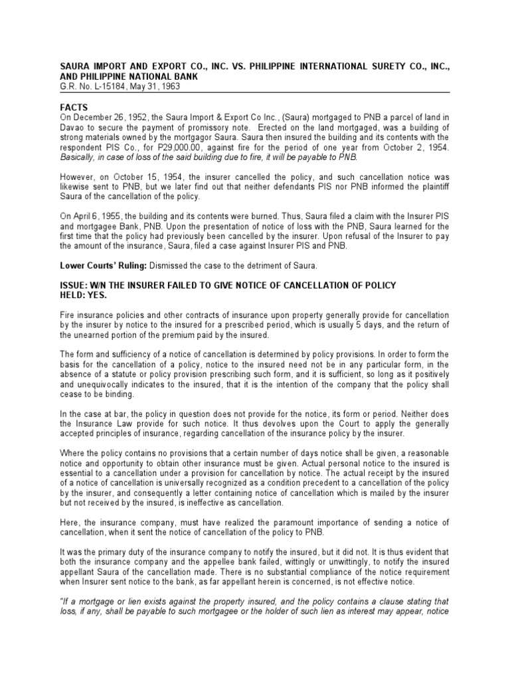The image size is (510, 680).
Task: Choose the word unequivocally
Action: tap(101, 385)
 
